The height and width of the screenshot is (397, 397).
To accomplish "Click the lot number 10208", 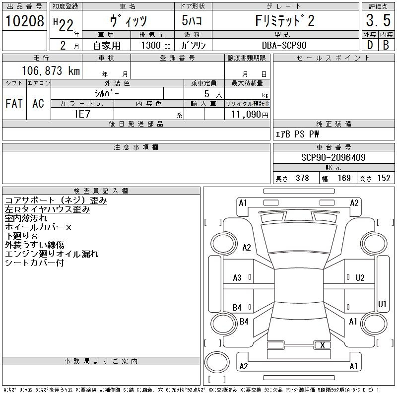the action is click(x=25, y=21).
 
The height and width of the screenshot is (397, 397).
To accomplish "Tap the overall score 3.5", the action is click(x=378, y=20).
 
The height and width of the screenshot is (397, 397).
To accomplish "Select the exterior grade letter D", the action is click(x=370, y=45).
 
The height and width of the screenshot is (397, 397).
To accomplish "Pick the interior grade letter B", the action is click(x=386, y=45).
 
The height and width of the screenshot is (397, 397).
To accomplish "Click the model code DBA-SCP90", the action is click(x=284, y=45).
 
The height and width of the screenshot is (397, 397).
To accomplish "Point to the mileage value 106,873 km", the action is click(x=51, y=70).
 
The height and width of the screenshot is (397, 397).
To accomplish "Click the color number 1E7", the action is click(x=82, y=114).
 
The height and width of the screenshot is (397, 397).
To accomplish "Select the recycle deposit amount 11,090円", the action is click(x=250, y=115).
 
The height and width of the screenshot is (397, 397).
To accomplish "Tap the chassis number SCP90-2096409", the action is click(x=333, y=157).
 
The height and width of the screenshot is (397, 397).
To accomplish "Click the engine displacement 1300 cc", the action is click(x=156, y=45).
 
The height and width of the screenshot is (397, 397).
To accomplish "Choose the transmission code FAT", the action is click(x=14, y=103).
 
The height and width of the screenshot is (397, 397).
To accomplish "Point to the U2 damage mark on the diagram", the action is click(x=360, y=278).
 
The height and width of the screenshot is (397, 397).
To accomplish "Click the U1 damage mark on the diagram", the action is click(x=382, y=304).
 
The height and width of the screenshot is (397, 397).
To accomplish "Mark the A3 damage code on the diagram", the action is click(x=237, y=278).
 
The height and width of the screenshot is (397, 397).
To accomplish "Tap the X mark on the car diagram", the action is click(x=322, y=345).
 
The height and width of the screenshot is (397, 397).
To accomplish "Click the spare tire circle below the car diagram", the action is click(x=217, y=362).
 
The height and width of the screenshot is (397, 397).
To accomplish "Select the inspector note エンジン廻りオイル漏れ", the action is click(x=52, y=254).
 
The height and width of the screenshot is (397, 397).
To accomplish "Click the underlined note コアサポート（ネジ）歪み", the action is click(x=56, y=200).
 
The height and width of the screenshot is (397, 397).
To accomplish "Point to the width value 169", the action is click(x=344, y=178).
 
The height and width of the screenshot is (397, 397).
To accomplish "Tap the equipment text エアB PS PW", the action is click(x=297, y=134).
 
